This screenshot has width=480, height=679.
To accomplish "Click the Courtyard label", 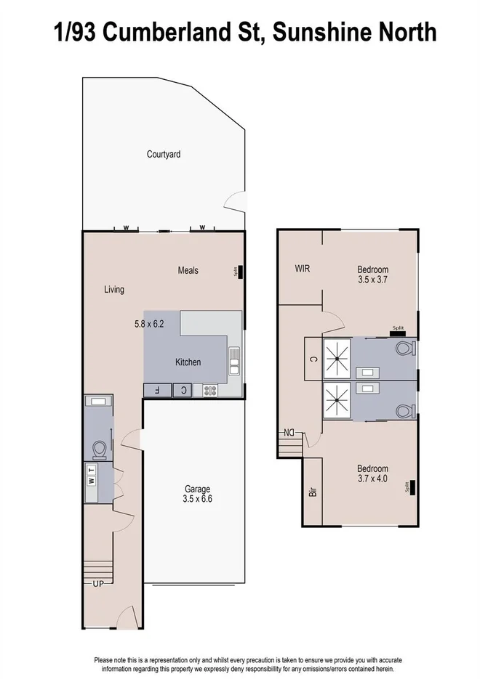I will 163,154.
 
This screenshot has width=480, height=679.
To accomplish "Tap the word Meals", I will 188,270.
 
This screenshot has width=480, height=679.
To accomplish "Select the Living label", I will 113,289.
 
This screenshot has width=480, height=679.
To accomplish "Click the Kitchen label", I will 188,362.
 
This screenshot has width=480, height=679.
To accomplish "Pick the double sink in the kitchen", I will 234,361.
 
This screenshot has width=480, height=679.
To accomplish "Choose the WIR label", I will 303,268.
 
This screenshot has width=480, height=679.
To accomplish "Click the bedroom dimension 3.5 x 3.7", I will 372,279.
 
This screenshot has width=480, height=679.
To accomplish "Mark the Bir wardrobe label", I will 313,491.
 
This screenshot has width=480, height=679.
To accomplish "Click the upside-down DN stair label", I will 289,434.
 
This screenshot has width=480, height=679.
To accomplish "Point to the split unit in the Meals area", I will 239,271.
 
